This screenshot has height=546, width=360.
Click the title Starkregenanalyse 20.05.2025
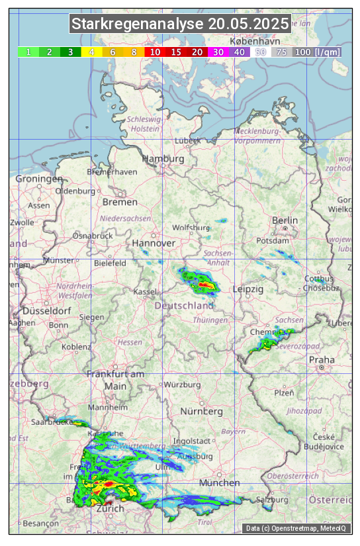tap(180, 24)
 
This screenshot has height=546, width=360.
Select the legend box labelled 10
tap(155, 52)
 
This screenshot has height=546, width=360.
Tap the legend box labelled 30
tap(218, 52)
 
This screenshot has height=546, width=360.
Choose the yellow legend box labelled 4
tap(92, 52)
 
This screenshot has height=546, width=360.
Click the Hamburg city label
tap(163, 159)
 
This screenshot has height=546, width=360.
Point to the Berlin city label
tap(285, 220)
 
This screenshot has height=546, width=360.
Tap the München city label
tap(218, 482)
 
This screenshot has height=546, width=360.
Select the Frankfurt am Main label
tap(115, 380)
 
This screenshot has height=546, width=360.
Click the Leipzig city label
tap(248, 289)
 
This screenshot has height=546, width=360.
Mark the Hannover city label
tap(153, 243)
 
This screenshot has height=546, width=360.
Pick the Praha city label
tap(322, 359)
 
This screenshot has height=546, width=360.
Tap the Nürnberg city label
tap(201, 411)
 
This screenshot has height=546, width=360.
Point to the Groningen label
tap(38, 179)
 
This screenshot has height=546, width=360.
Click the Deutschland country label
tap(184, 306)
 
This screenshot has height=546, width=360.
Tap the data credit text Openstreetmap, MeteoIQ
tap(297, 528)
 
